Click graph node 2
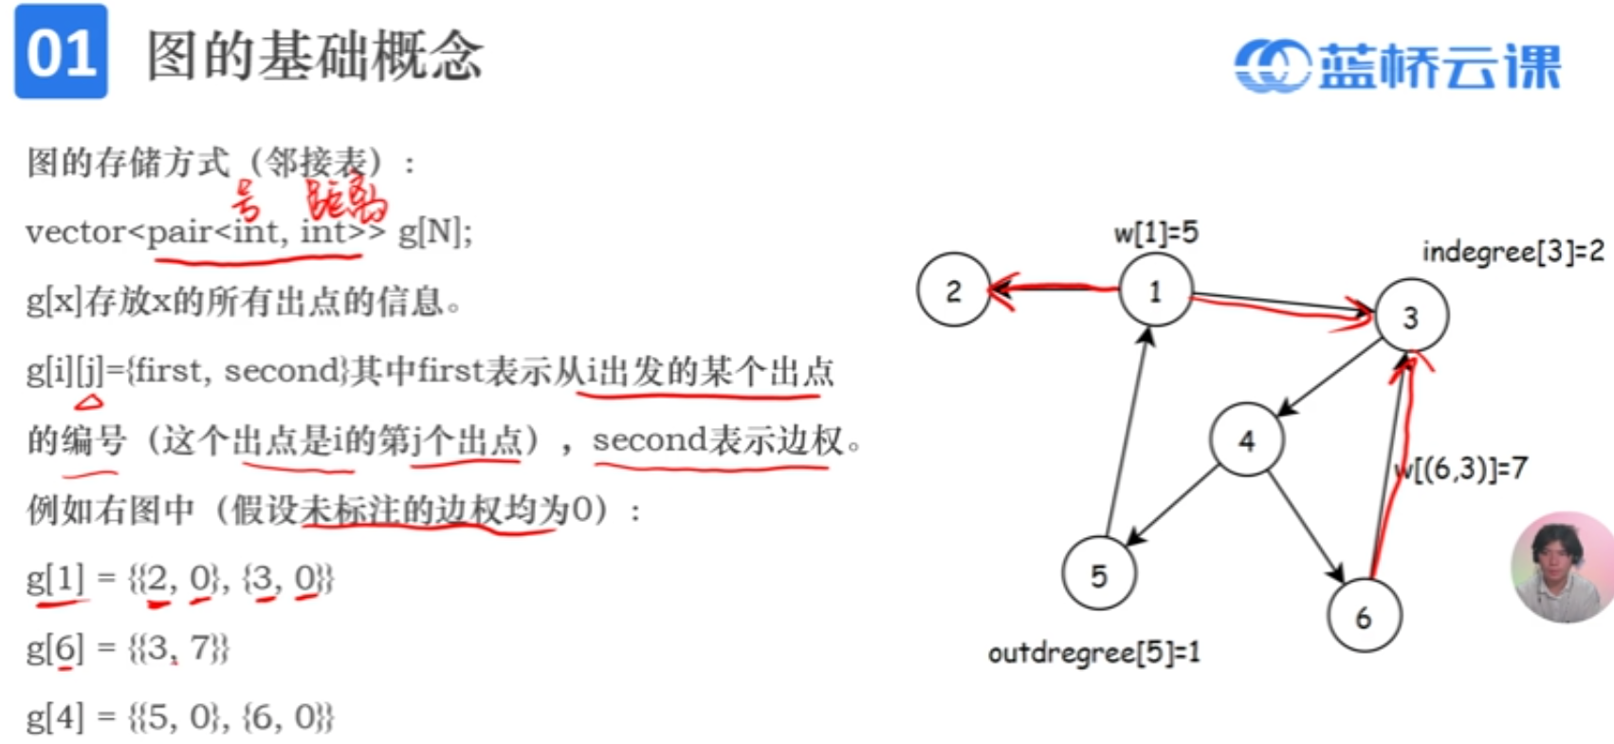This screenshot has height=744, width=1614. tap(953, 290)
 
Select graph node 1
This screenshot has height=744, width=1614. tap(1155, 290)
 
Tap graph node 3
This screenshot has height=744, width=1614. tap(1411, 317)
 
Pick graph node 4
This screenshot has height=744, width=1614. tap(1246, 439)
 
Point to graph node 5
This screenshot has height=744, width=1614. tap(1099, 574)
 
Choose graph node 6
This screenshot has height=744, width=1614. tap(1364, 617)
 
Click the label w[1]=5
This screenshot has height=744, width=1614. tap(1155, 232)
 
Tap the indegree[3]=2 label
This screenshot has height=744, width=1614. tap(1513, 251)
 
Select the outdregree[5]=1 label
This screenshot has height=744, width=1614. tap(1093, 653)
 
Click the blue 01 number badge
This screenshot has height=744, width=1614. tap(61, 52)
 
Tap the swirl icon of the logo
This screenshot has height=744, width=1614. tap(1272, 66)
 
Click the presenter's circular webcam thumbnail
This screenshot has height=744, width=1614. tap(1562, 567)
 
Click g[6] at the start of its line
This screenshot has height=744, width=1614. tap(55, 649)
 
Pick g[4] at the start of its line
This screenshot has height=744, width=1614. tap(55, 717)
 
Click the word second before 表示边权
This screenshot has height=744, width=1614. tap(650, 440)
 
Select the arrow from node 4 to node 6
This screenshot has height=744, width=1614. tap(1306, 527)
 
